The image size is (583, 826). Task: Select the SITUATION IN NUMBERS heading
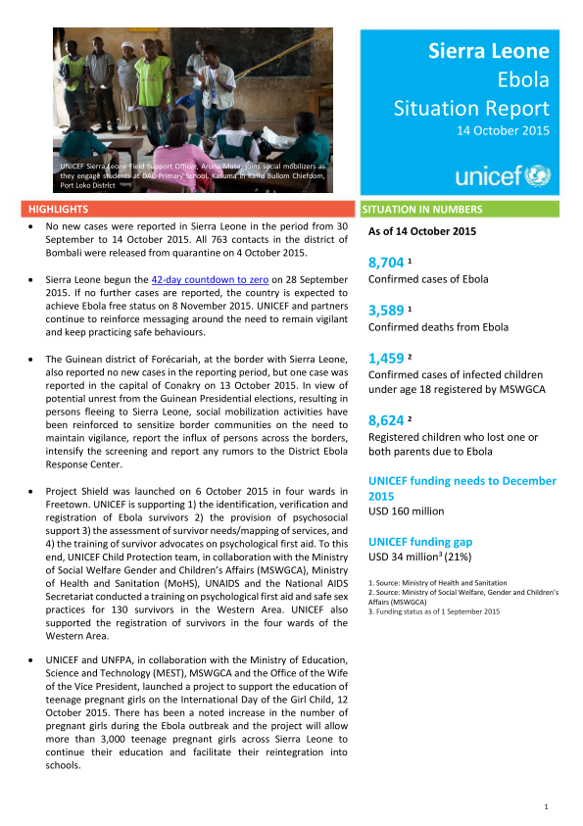pyautogui.click(x=421, y=209)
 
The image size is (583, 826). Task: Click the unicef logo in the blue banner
pyautogui.click(x=503, y=176)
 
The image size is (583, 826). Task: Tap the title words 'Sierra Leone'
pyautogui.click(x=489, y=51)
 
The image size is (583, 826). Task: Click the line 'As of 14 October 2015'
pyautogui.click(x=421, y=232)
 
